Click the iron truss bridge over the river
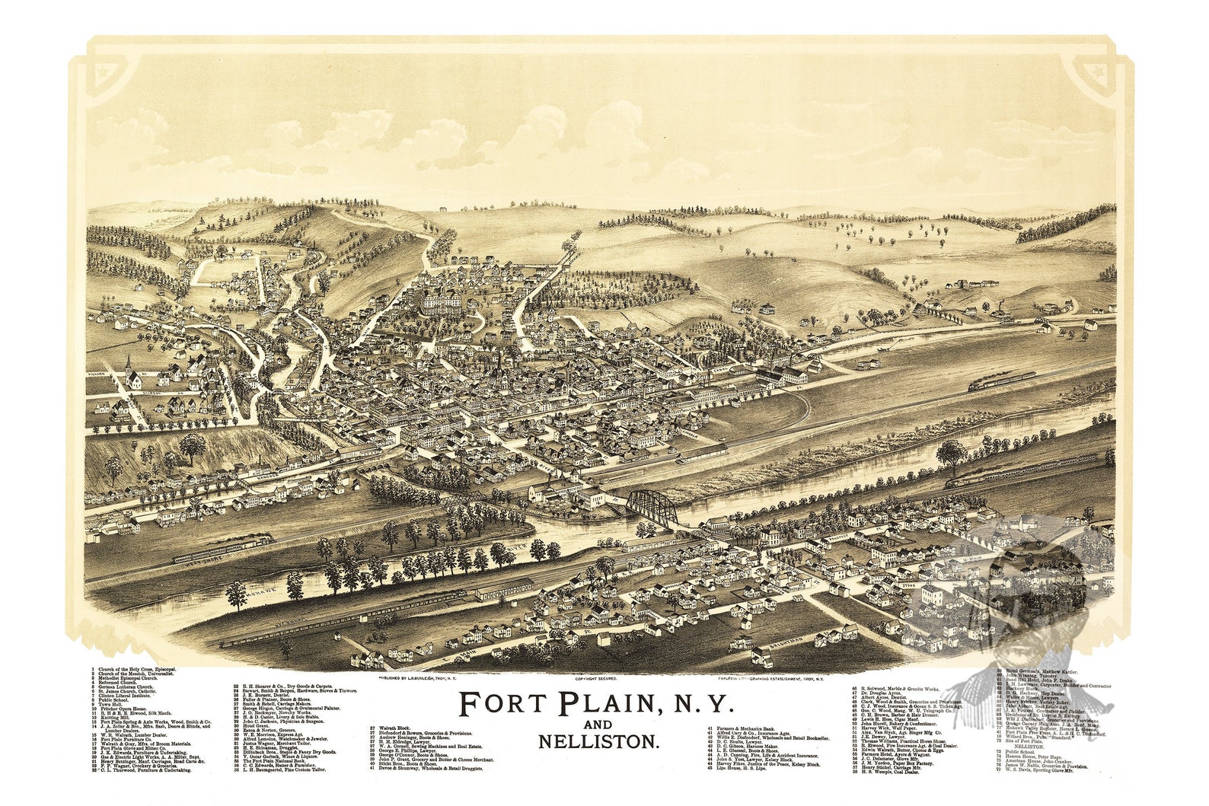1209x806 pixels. tap(652, 508)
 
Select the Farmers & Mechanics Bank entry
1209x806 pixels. tap(745, 729)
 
